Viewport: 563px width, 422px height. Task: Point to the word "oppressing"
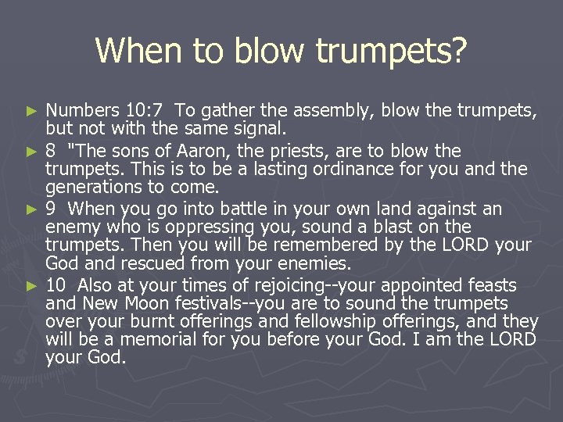click(199, 227)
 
